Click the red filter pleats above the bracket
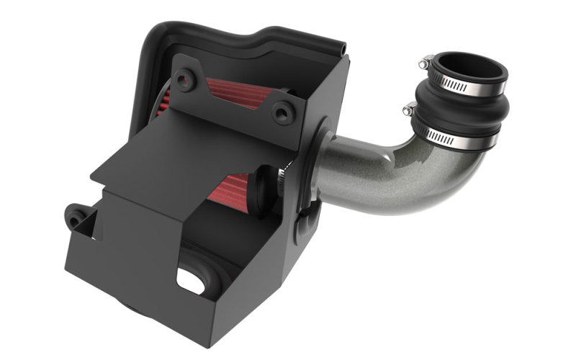click(238, 93)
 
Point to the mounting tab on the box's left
click(76, 214)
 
